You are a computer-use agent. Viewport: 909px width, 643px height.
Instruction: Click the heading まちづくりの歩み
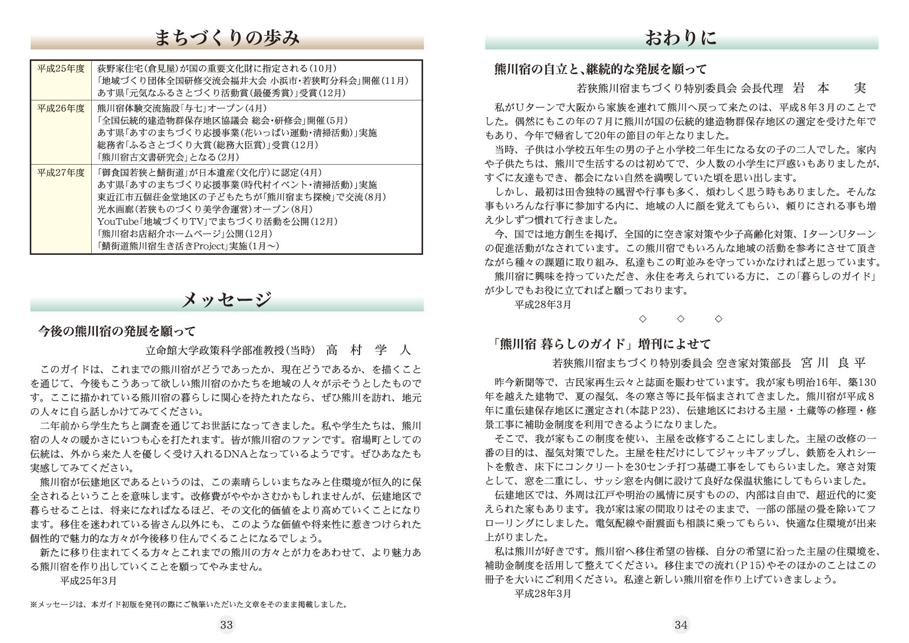(227, 38)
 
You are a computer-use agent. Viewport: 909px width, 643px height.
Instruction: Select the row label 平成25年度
(61, 69)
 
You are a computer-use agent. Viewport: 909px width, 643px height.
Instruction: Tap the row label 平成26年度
(61, 109)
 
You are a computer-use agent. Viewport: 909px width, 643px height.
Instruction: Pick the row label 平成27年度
(61, 173)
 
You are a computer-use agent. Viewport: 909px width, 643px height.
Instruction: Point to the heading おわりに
(681, 38)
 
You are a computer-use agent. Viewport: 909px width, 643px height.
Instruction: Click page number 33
(226, 625)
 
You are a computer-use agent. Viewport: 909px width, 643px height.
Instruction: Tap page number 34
(681, 625)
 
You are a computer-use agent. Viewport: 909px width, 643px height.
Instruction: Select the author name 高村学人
(368, 350)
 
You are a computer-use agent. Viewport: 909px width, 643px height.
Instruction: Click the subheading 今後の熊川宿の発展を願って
(117, 331)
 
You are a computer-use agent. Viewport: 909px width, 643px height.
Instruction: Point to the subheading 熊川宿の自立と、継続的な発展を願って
(600, 69)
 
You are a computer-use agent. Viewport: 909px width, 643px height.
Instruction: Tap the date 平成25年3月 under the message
(88, 581)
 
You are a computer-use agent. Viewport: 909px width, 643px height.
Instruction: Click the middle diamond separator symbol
(681, 319)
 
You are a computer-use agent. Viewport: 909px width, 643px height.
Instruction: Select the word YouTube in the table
(117, 221)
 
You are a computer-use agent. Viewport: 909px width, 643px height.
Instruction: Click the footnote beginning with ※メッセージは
(188, 605)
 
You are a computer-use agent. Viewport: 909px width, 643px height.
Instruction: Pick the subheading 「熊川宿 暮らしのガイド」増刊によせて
(598, 344)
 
